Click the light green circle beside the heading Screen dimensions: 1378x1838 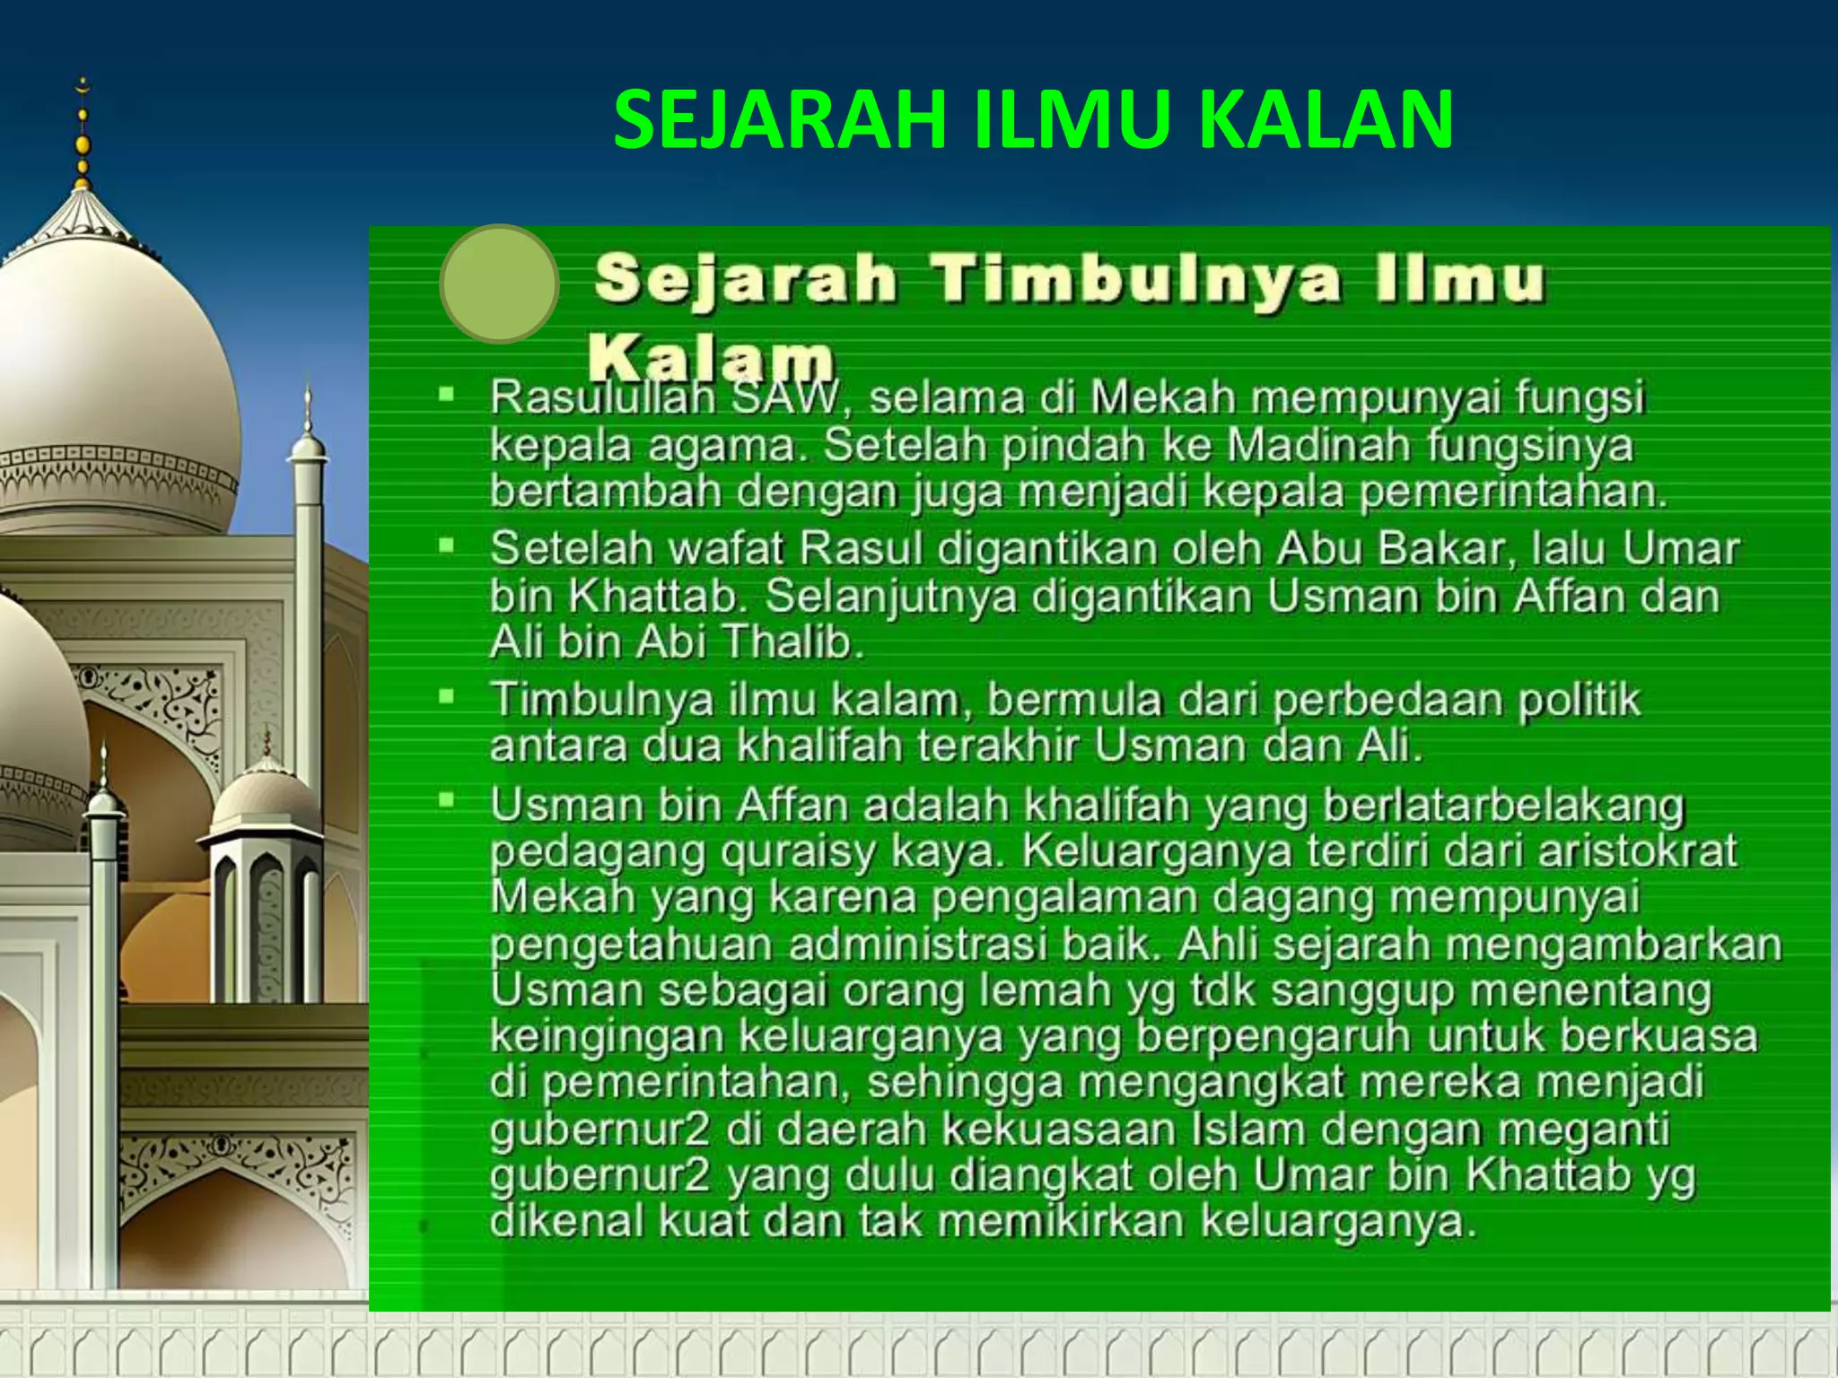(x=499, y=283)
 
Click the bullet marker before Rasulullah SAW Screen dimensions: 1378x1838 (x=446, y=393)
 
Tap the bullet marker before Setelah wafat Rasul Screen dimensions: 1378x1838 (x=446, y=544)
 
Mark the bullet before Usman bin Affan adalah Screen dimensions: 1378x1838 (x=446, y=798)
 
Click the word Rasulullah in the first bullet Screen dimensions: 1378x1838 (x=602, y=397)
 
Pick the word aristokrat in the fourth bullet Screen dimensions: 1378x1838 (x=1638, y=850)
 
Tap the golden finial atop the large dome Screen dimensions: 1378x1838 (x=83, y=135)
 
